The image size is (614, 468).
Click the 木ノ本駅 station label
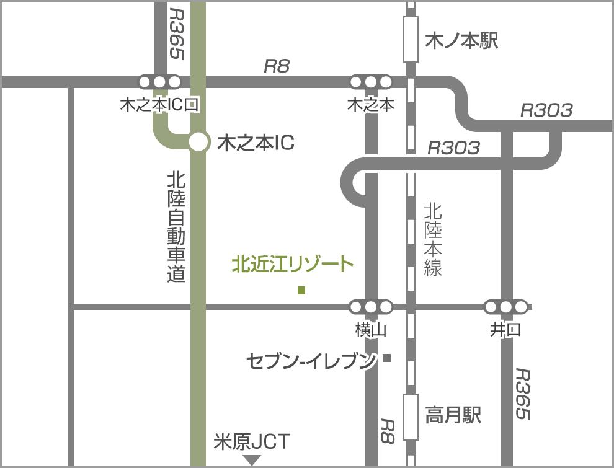pos(461,42)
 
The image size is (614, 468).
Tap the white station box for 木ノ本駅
pos(411,40)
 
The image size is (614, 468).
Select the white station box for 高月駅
pos(411,417)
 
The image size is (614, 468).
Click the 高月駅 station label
pos(453,415)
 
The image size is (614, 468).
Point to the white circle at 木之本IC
pos(198,142)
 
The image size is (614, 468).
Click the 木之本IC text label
pos(256,143)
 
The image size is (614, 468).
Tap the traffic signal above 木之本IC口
pos(159,82)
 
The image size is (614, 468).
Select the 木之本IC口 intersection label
pos(159,105)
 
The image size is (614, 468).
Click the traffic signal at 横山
pos(371,306)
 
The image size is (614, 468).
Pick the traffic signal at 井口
pos(506,306)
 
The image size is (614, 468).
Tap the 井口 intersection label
pos(505,330)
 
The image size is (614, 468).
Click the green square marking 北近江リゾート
pos(301,290)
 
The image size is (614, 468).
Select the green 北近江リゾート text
pos(293,265)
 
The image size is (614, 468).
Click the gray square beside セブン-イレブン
pos(387,358)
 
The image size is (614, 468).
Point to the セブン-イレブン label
pos(311,361)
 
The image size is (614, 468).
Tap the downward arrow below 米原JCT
pos(252,460)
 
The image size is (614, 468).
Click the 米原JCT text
pos(251,442)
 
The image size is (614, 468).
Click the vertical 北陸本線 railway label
pos(433,239)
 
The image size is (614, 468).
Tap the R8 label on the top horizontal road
pos(277,66)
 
